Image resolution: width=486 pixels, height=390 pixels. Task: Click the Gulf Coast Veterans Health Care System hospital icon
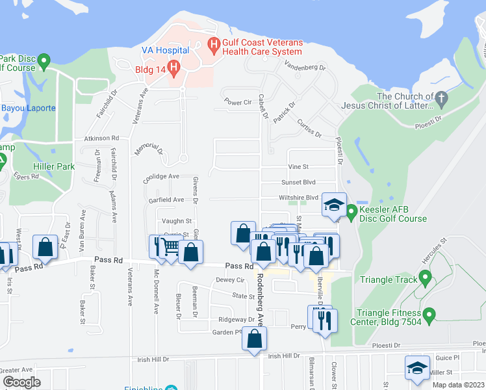[x=212, y=45]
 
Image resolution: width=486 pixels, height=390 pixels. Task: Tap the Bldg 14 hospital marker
[x=173, y=66]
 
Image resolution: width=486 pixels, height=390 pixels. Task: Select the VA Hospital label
[x=165, y=50]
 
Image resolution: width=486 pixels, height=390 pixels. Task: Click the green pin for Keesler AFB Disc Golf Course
[x=352, y=212]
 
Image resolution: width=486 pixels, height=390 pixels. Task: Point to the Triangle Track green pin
[x=426, y=280]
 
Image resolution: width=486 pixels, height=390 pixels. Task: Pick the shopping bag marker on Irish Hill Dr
[x=255, y=338]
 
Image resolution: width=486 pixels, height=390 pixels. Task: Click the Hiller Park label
[x=55, y=166]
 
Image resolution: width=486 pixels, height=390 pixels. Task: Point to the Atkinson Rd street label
[x=101, y=138]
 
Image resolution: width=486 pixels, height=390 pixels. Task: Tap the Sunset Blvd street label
[x=298, y=183]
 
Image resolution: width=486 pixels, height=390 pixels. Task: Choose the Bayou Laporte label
[x=28, y=108]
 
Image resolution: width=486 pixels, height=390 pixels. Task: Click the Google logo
[x=21, y=382]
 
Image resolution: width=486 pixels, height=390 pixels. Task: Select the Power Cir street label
[x=237, y=103]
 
